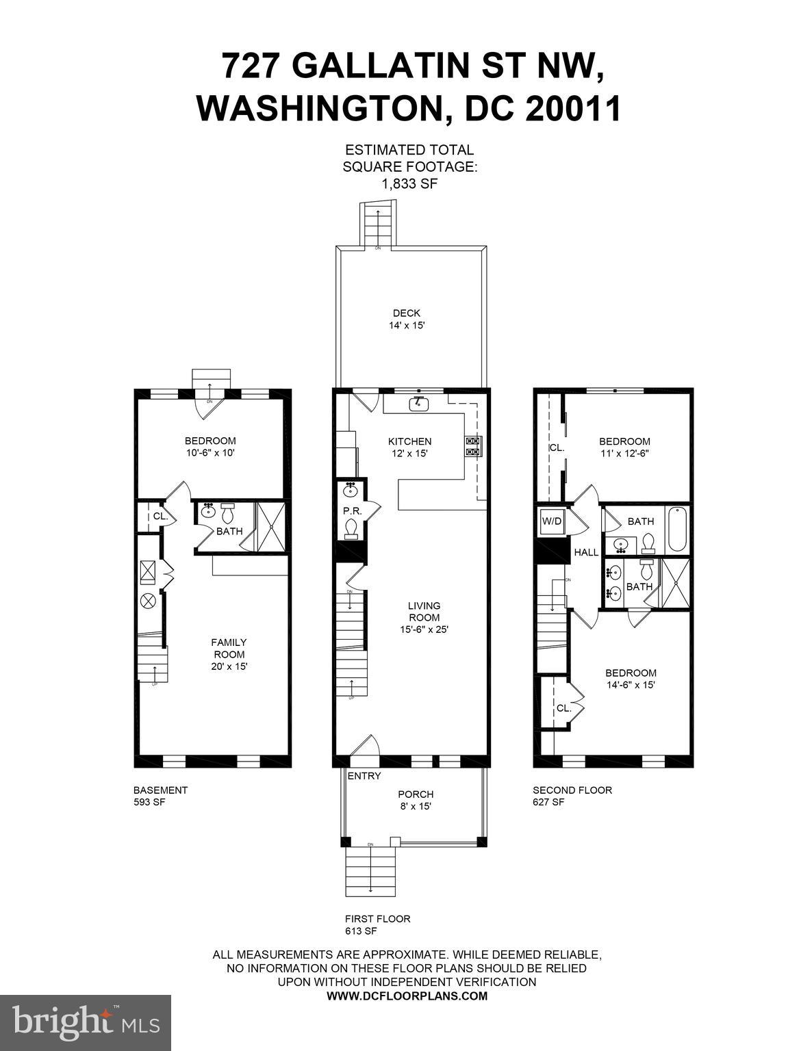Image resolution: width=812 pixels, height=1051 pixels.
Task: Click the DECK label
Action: [406, 313]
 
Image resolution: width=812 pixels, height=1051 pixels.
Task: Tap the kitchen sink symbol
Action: [418, 404]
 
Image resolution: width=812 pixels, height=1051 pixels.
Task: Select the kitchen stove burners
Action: [473, 446]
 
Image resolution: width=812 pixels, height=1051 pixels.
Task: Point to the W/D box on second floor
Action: [551, 521]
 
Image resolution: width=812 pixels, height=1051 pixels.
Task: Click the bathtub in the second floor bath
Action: [676, 530]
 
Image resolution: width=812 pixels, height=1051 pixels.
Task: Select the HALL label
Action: [586, 552]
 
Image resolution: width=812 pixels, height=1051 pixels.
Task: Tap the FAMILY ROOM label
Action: [229, 648]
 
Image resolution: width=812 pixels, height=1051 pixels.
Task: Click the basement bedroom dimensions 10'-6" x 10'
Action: [210, 453]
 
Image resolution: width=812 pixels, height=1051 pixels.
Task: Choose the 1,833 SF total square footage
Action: [409, 183]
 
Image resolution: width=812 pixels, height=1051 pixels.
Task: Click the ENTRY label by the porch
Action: [364, 776]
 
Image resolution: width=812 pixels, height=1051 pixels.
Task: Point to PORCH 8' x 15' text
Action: [416, 800]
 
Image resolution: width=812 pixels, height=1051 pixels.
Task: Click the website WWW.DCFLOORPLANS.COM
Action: [407, 996]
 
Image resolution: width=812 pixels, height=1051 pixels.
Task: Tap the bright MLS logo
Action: [86, 1022]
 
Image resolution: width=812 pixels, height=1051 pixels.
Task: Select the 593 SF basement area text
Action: [149, 802]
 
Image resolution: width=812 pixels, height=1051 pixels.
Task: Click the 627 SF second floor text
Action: [548, 802]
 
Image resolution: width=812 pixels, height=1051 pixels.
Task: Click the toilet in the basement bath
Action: [228, 512]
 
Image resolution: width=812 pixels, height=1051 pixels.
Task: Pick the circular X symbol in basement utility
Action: [149, 601]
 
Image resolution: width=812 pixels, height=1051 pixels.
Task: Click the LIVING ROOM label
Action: [424, 612]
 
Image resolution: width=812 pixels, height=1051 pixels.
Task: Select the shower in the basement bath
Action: [270, 527]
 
